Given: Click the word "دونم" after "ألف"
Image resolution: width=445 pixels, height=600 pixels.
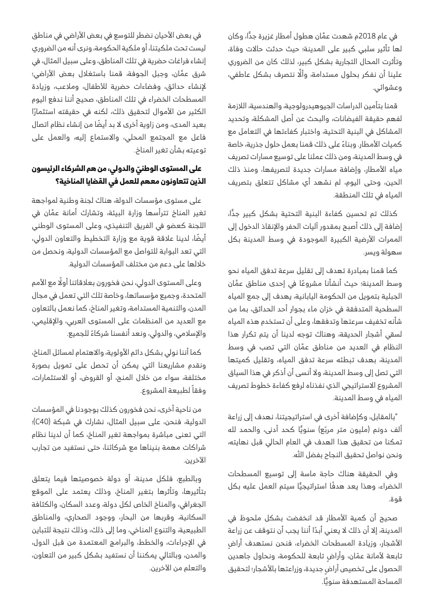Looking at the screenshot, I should pyautogui.click(x=385, y=429).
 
